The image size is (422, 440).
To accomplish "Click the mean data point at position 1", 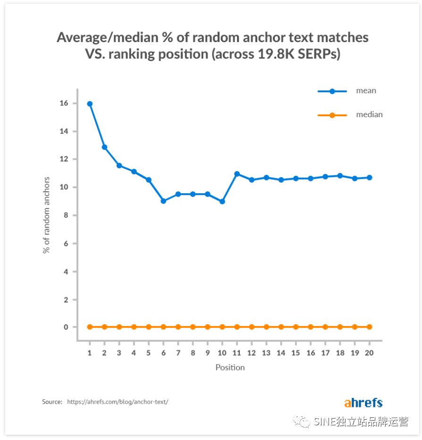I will pyautogui.click(x=90, y=104).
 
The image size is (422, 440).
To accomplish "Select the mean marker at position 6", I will pyautogui.click(x=163, y=201).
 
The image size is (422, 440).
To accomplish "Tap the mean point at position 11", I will pyautogui.click(x=237, y=174).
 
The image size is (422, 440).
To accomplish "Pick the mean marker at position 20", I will pyautogui.click(x=369, y=178).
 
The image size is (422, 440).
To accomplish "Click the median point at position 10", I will pyautogui.click(x=222, y=327).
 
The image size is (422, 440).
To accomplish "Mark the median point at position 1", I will pyautogui.click(x=90, y=327).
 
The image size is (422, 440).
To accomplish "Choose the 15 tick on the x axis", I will pyautogui.click(x=295, y=353).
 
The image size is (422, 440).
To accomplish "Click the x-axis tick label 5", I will pyautogui.click(x=149, y=353).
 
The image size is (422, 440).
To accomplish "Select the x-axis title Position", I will pyautogui.click(x=230, y=367).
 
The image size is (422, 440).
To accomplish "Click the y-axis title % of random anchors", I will pyautogui.click(x=47, y=215).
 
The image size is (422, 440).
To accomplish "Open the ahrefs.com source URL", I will pyautogui.click(x=118, y=402).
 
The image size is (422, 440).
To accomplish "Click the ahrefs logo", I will pyautogui.click(x=363, y=403).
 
